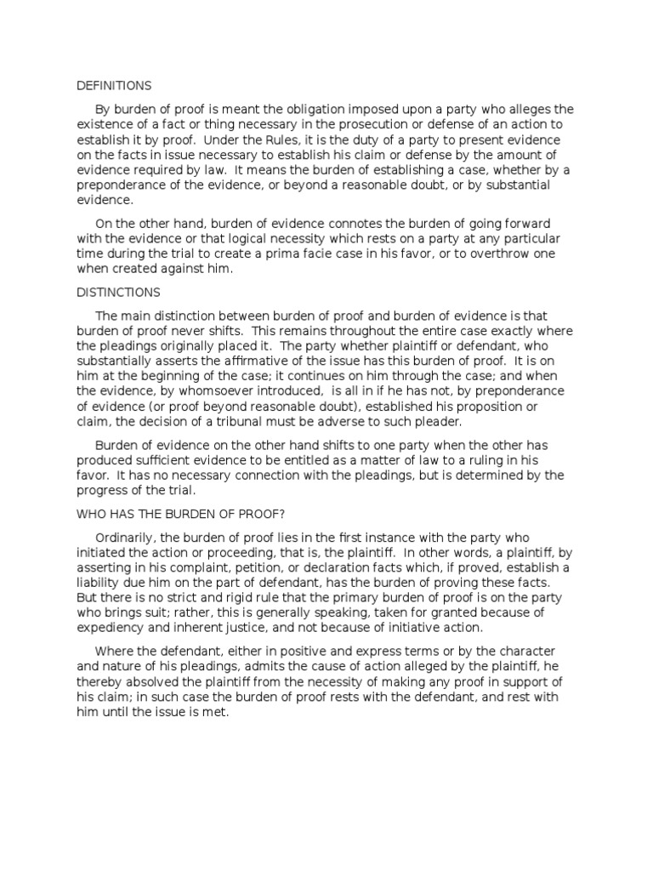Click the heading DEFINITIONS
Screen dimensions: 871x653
coord(114,86)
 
